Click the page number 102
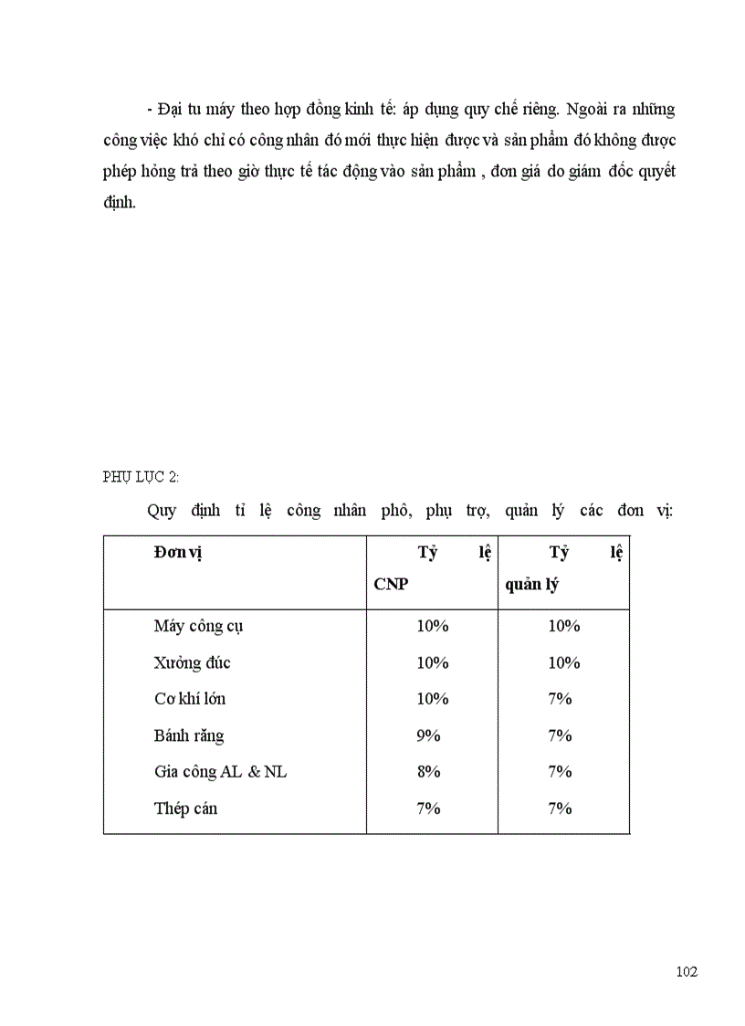pyautogui.click(x=687, y=971)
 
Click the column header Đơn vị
pyautogui.click(x=177, y=553)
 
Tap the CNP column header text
pyautogui.click(x=391, y=585)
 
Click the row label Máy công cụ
pyautogui.click(x=198, y=627)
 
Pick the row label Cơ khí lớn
pyautogui.click(x=190, y=699)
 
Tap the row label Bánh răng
pyautogui.click(x=189, y=735)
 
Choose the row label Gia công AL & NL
pyautogui.click(x=220, y=772)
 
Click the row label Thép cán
pyautogui.click(x=185, y=809)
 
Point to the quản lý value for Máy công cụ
pyautogui.click(x=564, y=626)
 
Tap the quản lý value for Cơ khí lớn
pyautogui.click(x=560, y=699)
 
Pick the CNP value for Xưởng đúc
pyautogui.click(x=433, y=662)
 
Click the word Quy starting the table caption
pyautogui.click(x=162, y=511)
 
